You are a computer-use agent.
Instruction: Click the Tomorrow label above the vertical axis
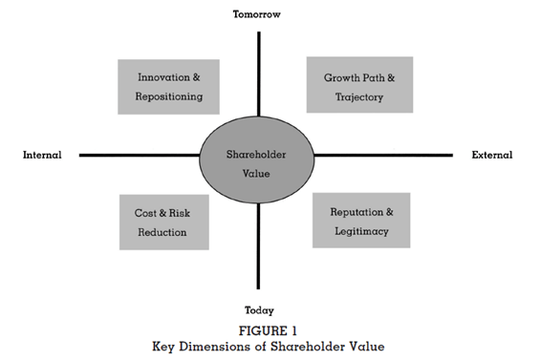[258, 13]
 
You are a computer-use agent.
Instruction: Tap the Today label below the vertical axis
[258, 310]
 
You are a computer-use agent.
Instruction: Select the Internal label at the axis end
[42, 156]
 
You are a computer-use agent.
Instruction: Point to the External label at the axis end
[492, 156]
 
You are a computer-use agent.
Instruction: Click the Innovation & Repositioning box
[168, 87]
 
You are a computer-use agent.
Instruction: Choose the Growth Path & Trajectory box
[358, 85]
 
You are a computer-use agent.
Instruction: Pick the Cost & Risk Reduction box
[164, 222]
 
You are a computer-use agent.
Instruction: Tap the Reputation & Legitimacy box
[361, 221]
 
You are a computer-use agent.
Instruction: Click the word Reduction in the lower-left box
[164, 232]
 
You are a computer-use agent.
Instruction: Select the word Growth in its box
[340, 76]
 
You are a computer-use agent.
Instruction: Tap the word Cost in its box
[143, 214]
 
